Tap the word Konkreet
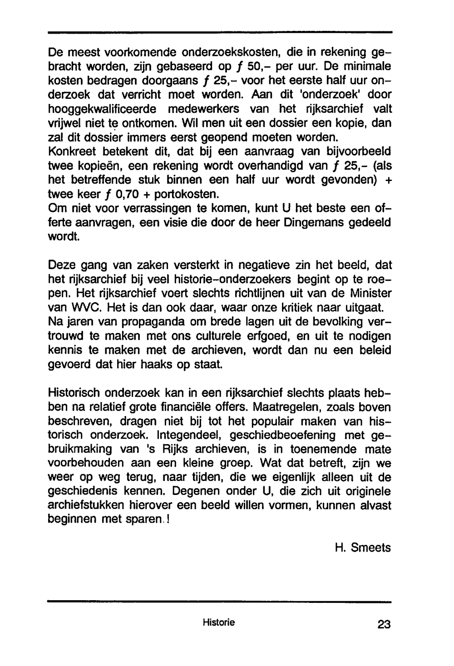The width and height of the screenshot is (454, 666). point(72,152)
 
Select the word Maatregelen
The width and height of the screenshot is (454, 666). point(293,406)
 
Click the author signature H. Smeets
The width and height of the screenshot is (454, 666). point(362,548)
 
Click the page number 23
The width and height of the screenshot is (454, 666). point(383,625)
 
